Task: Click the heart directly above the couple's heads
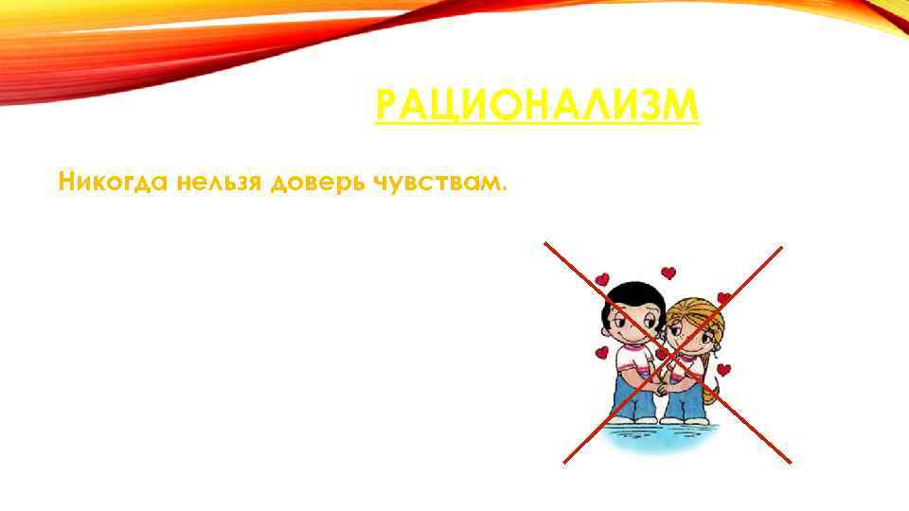pyautogui.click(x=668, y=273)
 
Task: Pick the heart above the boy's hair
pyautogui.click(x=602, y=280)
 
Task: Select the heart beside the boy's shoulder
pyautogui.click(x=600, y=354)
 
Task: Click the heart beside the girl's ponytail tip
pyautogui.click(x=723, y=370)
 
